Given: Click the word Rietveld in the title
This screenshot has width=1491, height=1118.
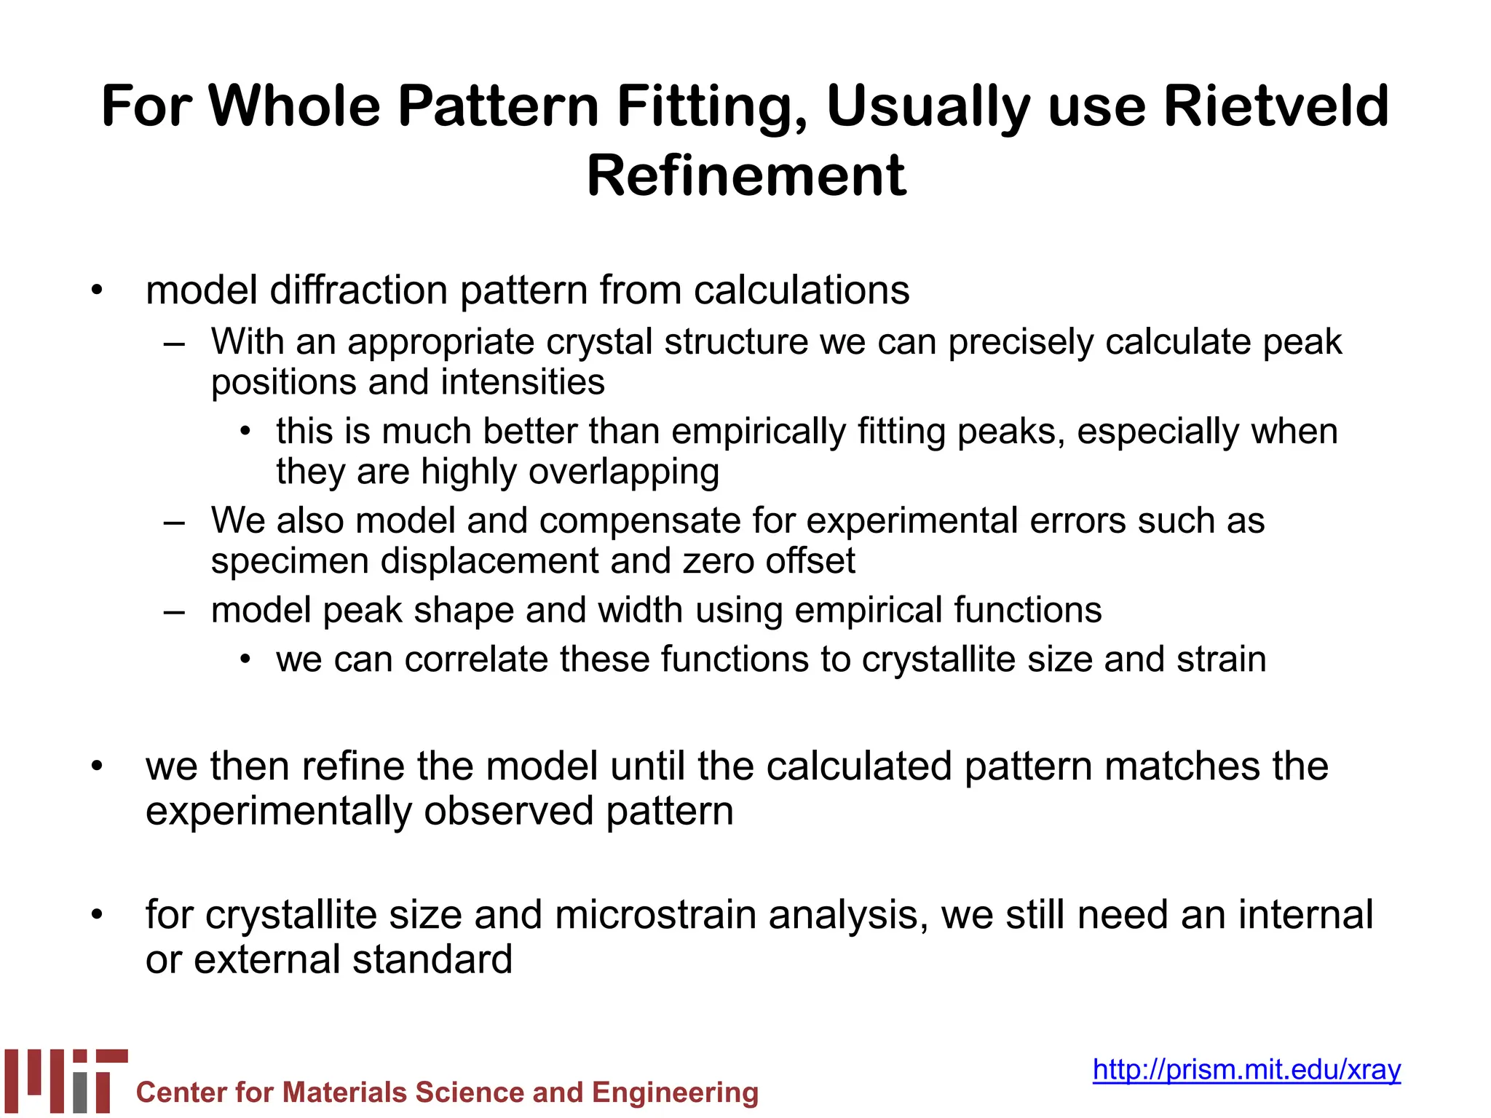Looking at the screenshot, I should pos(1276,106).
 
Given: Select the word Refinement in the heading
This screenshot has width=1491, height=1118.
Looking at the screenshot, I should pos(746,176).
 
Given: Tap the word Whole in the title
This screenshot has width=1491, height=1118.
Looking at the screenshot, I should pos(294,106).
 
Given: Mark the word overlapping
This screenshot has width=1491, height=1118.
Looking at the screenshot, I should pos(624,472).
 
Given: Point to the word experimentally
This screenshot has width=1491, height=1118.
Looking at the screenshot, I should pos(278,811).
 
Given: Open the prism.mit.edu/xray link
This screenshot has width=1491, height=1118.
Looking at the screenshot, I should pos(1246,1069).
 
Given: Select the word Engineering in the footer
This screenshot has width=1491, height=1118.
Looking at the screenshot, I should pos(675,1093).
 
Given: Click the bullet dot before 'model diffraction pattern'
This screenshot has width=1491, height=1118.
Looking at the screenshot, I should pos(97,290).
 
